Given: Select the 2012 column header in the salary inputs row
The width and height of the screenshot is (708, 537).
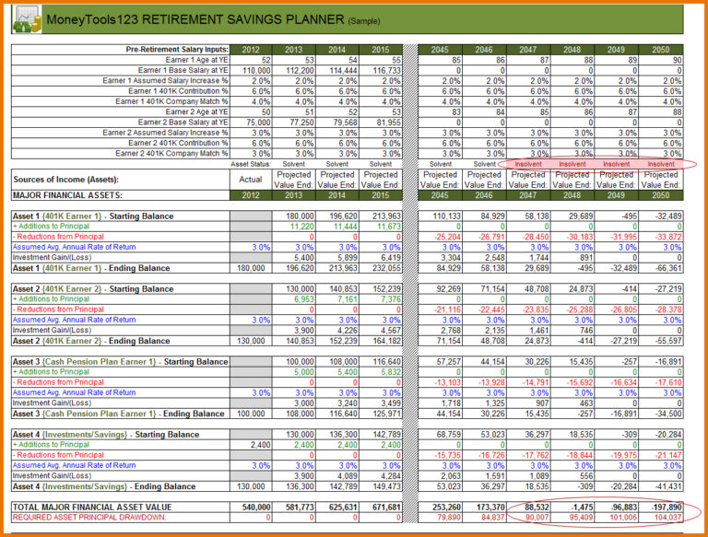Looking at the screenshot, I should coord(250,50).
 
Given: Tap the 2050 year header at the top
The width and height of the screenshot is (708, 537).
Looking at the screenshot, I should coord(660,50).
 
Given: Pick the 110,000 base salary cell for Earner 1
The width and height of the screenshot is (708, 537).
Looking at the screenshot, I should coord(250,70).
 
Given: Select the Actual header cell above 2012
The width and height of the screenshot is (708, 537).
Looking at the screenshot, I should coord(250,180).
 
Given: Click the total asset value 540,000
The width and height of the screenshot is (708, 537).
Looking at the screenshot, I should coord(252,508).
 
